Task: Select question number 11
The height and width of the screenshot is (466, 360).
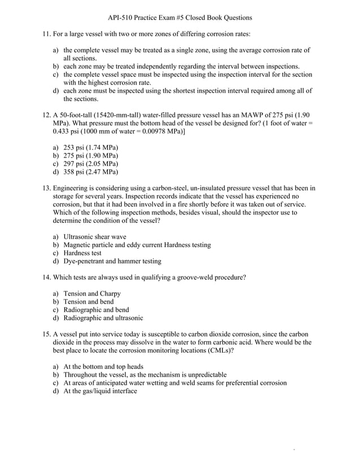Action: [x=47, y=34]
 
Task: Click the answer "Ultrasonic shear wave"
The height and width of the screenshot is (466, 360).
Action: [x=95, y=237]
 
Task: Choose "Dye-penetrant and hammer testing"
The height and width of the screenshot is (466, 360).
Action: [x=112, y=261]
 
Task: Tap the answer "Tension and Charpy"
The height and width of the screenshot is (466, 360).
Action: [x=92, y=294]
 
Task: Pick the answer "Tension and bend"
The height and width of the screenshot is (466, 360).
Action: [x=90, y=302]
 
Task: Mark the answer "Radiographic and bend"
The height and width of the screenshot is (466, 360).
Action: [x=96, y=310]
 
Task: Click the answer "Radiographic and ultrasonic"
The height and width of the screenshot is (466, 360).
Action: [x=103, y=318]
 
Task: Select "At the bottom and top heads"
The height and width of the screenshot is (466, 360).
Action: [x=103, y=366]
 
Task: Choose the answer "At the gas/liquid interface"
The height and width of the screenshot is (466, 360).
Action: [x=100, y=391]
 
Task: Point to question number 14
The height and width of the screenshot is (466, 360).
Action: [x=47, y=278]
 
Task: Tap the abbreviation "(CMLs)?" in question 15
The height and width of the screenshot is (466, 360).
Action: [x=221, y=350]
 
